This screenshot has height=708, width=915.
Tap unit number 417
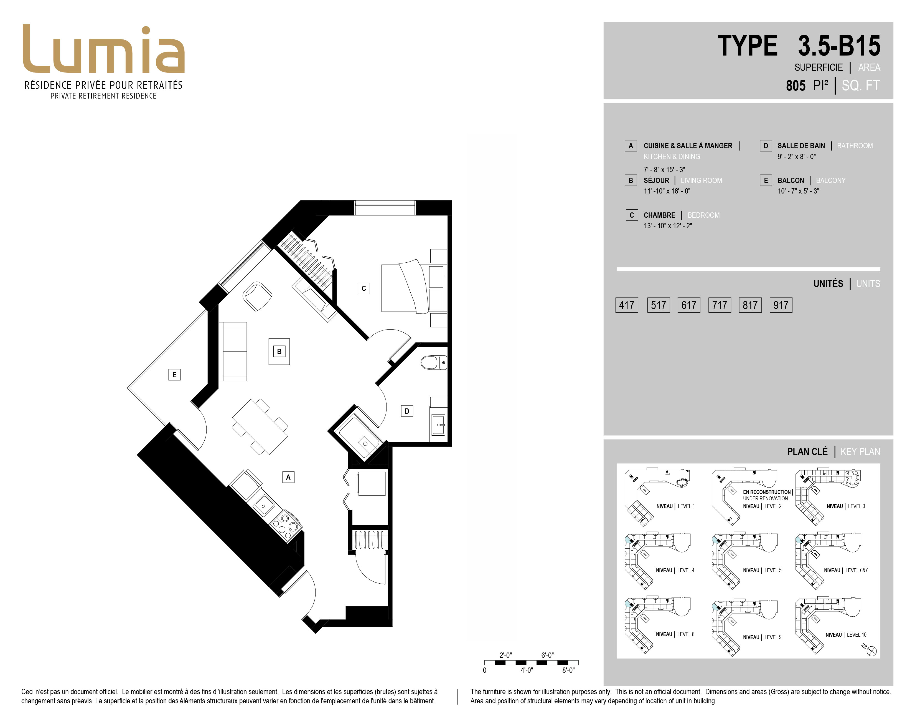click(626, 305)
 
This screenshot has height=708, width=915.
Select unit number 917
click(781, 305)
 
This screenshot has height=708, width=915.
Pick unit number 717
click(719, 305)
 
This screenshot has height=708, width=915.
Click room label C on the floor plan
click(364, 288)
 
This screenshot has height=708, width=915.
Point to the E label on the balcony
click(174, 375)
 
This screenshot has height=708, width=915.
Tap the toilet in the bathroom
click(434, 362)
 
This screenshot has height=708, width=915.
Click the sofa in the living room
click(233, 352)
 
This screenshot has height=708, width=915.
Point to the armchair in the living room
click(257, 297)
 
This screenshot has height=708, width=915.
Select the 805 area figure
click(795, 86)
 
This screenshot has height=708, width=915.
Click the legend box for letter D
click(766, 145)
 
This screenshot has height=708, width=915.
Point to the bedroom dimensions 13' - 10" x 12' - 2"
click(668, 226)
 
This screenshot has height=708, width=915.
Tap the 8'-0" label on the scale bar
click(568, 670)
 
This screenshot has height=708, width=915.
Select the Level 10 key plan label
click(846, 635)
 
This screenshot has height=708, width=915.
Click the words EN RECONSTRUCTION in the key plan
click(767, 492)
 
